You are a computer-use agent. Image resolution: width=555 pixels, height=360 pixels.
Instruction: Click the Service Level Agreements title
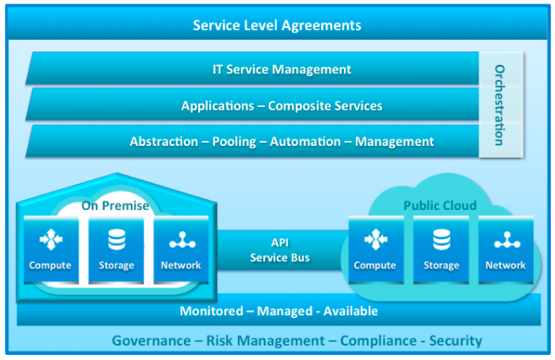click(277, 25)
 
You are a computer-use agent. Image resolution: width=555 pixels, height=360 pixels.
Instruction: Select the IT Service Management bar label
click(282, 69)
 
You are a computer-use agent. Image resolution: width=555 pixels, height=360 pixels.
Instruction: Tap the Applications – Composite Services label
click(282, 105)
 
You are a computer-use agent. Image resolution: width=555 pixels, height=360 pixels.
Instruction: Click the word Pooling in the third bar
click(234, 142)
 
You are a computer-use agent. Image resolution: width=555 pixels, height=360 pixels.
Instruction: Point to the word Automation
click(305, 142)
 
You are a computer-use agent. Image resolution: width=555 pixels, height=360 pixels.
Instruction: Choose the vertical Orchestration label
click(499, 105)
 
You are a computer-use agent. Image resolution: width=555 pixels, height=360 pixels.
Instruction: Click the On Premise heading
click(116, 206)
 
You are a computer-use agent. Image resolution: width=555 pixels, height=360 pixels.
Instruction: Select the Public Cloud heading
click(440, 206)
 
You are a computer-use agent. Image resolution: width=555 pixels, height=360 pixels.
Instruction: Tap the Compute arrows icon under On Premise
click(51, 239)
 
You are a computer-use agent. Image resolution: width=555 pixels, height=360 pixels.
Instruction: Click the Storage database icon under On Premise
click(116, 239)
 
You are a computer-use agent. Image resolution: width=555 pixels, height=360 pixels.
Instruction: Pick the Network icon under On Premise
click(182, 240)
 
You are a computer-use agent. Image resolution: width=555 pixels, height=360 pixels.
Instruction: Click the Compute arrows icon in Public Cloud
click(376, 239)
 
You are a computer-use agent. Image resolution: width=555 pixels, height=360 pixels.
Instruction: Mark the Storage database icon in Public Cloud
click(442, 239)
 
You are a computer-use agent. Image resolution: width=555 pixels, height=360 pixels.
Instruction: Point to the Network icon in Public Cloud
click(507, 240)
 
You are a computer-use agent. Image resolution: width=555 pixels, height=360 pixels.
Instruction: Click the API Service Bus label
click(280, 250)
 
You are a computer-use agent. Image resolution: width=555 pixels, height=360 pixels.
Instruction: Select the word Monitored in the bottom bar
click(212, 311)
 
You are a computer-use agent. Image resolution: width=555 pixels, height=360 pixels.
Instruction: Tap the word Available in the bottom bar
click(350, 311)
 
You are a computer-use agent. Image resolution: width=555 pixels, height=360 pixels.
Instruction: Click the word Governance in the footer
click(152, 341)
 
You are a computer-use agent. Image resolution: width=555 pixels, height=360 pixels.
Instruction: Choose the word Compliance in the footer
click(379, 341)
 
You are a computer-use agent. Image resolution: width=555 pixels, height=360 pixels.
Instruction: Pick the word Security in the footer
click(455, 341)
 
